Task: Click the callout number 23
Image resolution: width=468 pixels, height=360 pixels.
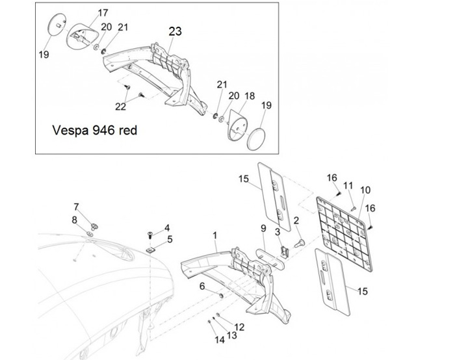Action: coord(175,31)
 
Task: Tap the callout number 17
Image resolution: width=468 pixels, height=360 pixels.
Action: coord(103,13)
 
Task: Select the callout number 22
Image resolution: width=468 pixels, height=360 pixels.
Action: coord(121,107)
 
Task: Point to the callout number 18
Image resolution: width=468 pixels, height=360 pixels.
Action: coord(250,96)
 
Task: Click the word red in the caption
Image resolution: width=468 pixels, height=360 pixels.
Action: coord(128,131)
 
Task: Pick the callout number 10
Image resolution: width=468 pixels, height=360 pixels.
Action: coord(365,190)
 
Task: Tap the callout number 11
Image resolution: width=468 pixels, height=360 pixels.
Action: coord(348,186)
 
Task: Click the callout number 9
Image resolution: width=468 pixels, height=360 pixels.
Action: coord(263,228)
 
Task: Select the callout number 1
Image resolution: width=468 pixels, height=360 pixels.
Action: coord(215,235)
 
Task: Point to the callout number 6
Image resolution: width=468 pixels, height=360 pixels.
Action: coord(202,287)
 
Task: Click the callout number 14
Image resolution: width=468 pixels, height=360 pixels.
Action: coord(220,340)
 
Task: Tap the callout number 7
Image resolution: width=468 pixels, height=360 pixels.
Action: coord(77,207)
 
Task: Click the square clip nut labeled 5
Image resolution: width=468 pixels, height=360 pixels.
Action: coord(150,250)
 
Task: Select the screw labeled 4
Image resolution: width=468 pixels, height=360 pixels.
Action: coord(150,235)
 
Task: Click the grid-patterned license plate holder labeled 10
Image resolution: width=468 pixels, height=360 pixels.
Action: coord(344,235)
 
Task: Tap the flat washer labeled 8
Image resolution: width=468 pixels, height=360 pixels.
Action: coord(89,233)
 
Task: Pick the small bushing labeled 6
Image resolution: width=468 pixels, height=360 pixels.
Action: coord(222,296)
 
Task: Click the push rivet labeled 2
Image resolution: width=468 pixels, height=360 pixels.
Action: coord(299,243)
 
